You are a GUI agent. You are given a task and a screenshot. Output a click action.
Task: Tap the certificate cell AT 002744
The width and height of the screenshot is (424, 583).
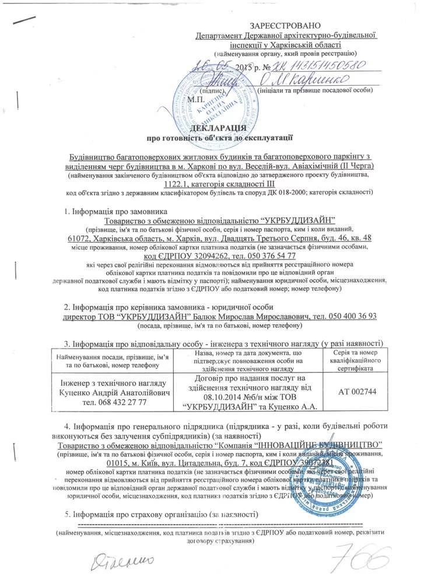pyautogui.click(x=358, y=391)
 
